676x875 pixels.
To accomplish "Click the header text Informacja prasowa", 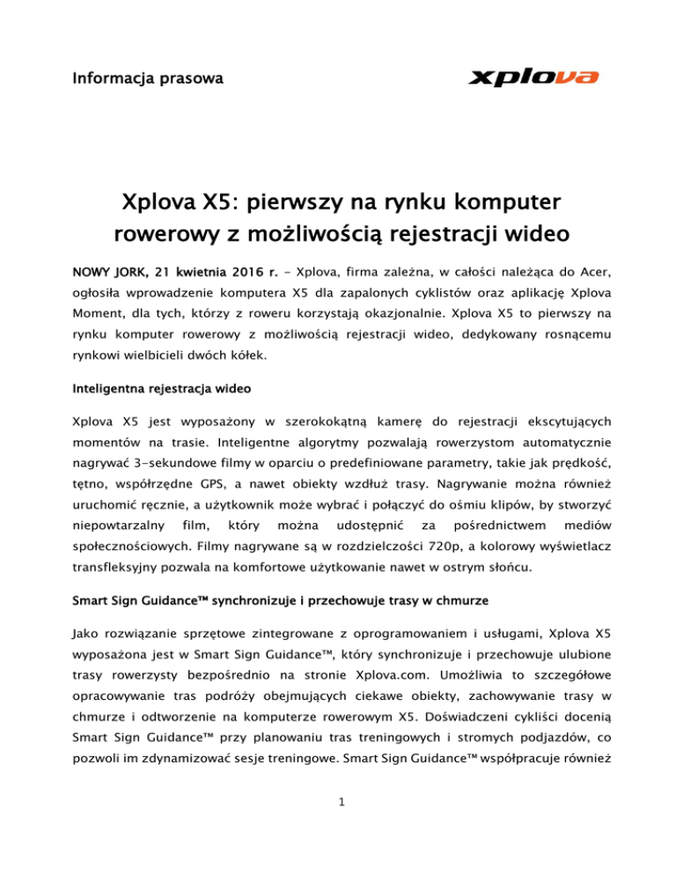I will tap(147, 80).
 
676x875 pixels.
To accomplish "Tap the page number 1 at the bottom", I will tap(338, 824).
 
